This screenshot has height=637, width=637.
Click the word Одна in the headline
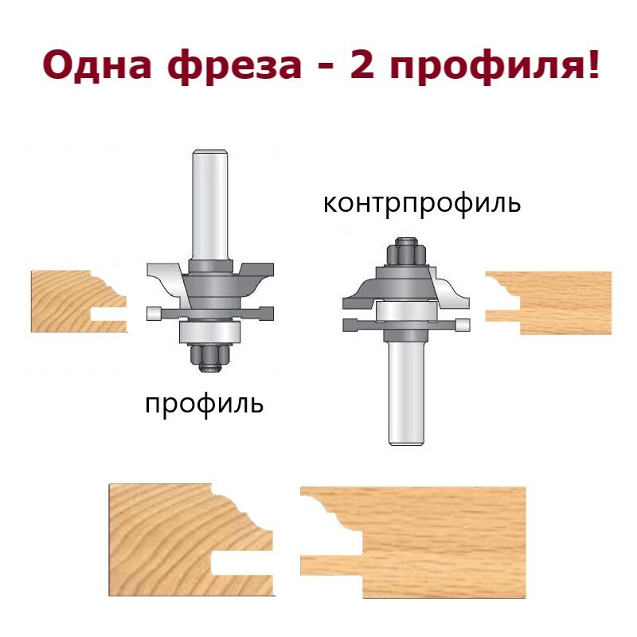pos(96,65)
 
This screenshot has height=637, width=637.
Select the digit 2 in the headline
pos(361,64)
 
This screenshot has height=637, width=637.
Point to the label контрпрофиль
pos(422,204)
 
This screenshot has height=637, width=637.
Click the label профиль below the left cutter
pos(205,404)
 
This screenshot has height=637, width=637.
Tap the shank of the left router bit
pos(209,205)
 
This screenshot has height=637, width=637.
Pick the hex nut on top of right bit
pos(407,252)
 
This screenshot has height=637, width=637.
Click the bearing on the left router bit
pos(210,332)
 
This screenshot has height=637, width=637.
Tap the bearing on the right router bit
pos(407,311)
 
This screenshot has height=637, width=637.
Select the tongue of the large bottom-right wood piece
pos(331,565)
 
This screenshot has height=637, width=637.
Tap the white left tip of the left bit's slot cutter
pos(154,314)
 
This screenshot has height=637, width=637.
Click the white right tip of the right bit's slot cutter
pos(463,325)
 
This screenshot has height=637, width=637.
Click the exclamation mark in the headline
pos(593,64)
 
